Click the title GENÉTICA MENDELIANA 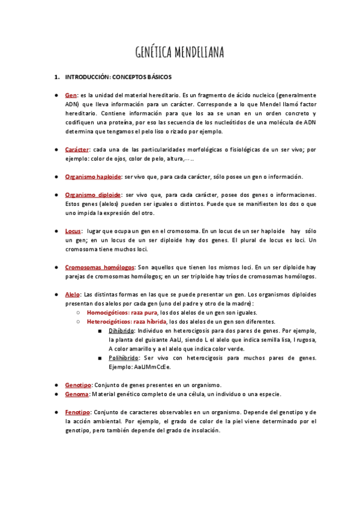point(179,53)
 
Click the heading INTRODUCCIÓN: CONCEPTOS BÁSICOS point(118,77)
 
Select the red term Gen point(71,95)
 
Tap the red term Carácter point(77,149)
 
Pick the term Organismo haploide point(93,176)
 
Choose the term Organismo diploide point(92,195)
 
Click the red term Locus point(73,231)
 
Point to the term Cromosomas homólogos point(100,267)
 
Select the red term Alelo point(73,295)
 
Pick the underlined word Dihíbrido point(122,331)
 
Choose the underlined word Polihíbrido point(124,358)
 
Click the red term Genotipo point(78,385)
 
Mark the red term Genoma point(77,394)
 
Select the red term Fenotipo point(77,412)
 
